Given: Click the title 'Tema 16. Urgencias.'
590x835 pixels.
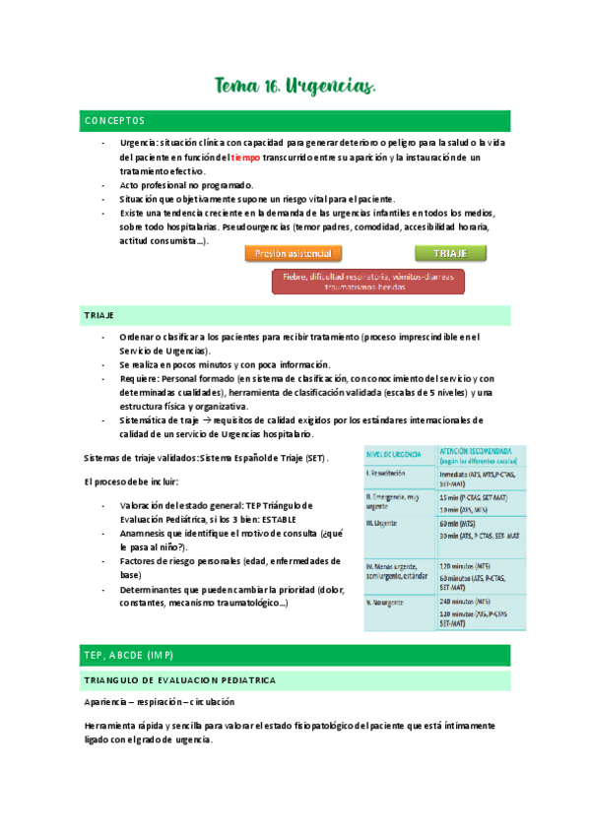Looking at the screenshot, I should (x=295, y=89).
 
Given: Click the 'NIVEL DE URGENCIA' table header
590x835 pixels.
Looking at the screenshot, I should (x=395, y=454).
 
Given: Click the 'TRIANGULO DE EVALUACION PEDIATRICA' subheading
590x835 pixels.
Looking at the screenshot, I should (x=181, y=680).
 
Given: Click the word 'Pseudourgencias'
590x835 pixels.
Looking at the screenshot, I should (x=264, y=226).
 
